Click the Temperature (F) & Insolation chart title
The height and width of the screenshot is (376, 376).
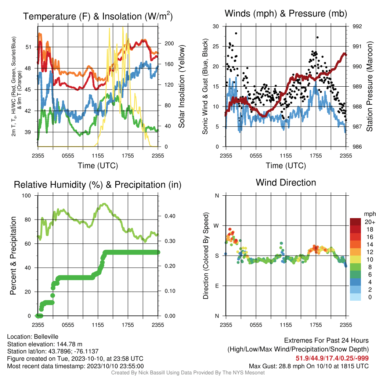pos(98,16)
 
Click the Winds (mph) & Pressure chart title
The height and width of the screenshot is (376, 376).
pos(286,14)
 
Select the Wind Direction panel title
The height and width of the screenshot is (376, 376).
pos(286,182)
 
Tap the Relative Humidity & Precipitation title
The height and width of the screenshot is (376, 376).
pos(98,185)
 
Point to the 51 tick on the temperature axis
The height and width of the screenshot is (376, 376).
pos(28,47)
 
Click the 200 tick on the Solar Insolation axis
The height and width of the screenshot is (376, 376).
pos(169,43)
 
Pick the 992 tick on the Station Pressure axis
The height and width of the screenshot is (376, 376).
pos(357,26)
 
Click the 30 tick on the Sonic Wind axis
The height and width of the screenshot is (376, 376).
pos(216,26)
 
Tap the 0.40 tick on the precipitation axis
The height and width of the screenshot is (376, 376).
pos(170,216)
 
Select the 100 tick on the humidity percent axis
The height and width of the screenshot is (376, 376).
pos(26,196)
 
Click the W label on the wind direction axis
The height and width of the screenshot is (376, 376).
pos(216,226)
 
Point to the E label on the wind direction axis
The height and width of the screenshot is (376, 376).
pos(217,286)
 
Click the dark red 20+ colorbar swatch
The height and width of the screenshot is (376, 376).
pos(355,222)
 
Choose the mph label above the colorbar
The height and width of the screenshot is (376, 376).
pos(370,214)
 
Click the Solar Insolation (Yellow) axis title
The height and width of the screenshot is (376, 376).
pos(182,86)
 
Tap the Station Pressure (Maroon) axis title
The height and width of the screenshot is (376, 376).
pos(369,86)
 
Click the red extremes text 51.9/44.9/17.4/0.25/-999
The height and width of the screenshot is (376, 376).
pos(332,358)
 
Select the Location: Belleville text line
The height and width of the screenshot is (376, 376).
pos(33,337)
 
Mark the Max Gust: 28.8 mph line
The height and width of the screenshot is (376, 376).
pos(309,366)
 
